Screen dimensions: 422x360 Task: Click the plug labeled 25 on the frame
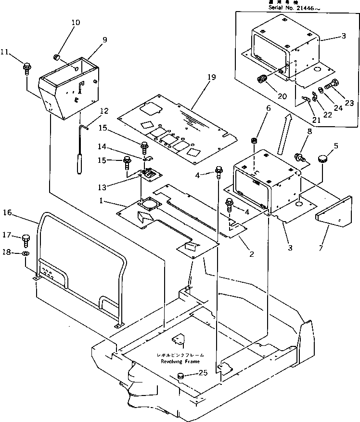tap(182, 376)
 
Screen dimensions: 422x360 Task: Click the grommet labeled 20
tap(263, 79)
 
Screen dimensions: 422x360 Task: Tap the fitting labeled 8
tap(300, 157)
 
